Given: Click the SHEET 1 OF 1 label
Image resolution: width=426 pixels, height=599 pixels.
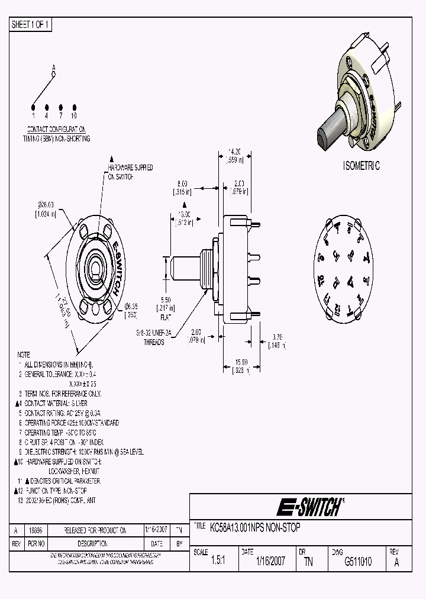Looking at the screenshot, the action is point(31,25).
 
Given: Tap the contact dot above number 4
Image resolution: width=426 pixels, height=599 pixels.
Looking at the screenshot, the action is point(46,107).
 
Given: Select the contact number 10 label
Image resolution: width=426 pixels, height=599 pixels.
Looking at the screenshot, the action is point(73,115).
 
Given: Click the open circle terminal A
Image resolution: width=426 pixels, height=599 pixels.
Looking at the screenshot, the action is point(53,75).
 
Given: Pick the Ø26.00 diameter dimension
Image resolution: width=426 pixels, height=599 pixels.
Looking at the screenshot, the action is point(46,205).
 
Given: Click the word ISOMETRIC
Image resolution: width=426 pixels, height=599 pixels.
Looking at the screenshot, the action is point(361,166).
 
